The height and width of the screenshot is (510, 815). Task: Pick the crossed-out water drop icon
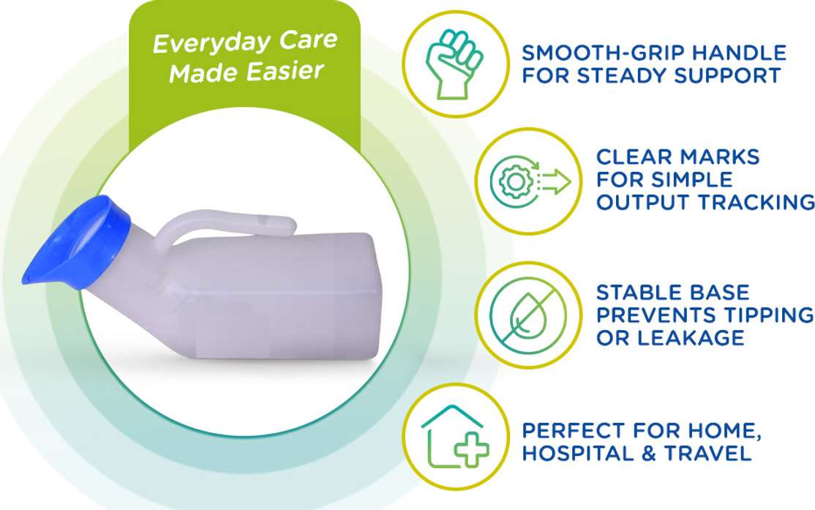click(529, 315)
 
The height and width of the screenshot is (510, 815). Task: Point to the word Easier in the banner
click(285, 71)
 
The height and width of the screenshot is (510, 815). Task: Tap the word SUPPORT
click(727, 75)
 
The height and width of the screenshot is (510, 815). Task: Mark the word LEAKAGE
click(691, 338)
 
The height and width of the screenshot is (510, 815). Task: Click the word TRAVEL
click(708, 454)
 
